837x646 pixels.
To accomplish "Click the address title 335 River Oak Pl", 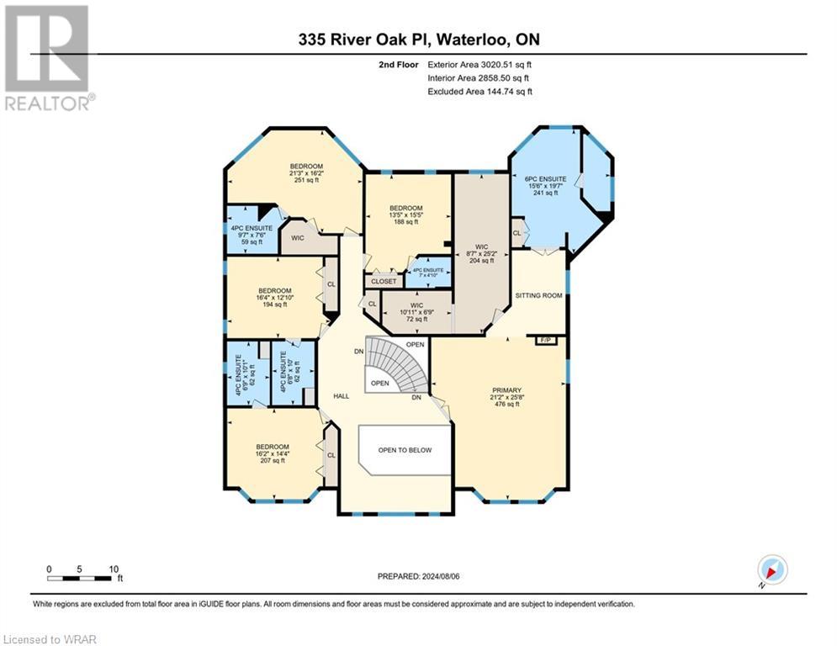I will coord(418,39).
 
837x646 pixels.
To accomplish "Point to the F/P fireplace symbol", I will coord(543,340).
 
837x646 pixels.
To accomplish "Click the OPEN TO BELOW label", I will coord(405,450).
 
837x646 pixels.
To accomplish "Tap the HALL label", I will coord(341,395).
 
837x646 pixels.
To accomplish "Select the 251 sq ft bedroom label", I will coord(307,172).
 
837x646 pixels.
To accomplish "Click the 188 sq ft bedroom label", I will coord(405,215).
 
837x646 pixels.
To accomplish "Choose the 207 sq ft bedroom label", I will coord(273,454).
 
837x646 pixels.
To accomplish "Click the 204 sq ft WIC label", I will coord(480,254).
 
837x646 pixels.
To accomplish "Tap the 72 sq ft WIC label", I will coord(417,312).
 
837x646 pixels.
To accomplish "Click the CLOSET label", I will coord(384,282).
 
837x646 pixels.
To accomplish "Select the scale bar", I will coord(80,577).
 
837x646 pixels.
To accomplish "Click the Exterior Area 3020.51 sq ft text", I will coord(479,64).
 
